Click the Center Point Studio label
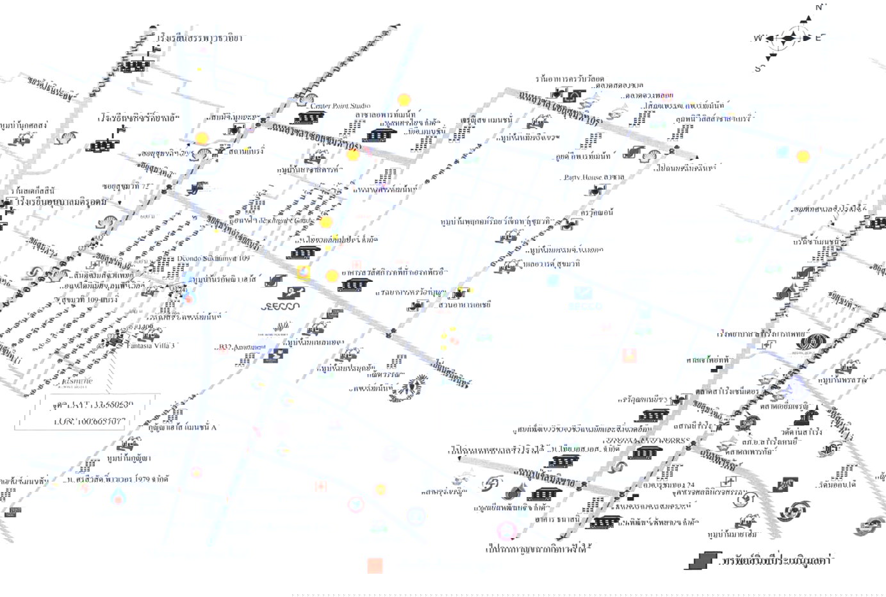coord(341,106)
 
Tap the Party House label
coord(585,177)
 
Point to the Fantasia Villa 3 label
coord(152,345)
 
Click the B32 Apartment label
coord(241,347)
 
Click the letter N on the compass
coord(818,7)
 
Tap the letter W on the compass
coord(758,38)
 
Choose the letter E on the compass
coord(818,38)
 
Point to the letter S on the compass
coord(758,68)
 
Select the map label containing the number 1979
coord(122,478)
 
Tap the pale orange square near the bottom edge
coord(375,566)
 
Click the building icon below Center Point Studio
coord(308,118)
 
